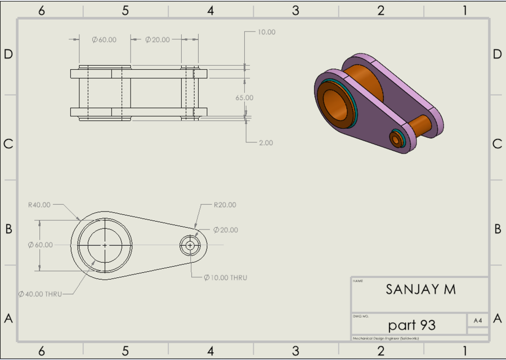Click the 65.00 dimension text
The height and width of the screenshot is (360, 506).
244,97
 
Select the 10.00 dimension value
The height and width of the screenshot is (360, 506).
266,32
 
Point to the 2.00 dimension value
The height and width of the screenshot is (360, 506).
266,143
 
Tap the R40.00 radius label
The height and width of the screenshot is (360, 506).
39,205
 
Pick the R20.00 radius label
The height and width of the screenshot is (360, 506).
225,205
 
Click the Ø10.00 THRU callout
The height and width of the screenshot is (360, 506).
225,277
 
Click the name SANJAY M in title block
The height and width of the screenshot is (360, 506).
420,290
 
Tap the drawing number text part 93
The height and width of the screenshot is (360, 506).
411,325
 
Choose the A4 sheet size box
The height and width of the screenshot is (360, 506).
478,320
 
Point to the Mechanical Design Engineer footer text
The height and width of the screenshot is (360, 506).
386,339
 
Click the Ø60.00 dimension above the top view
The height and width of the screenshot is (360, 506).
104,39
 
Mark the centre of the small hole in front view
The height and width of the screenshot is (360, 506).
190,245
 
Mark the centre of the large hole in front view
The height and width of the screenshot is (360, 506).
105,245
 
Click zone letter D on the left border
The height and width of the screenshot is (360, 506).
8,54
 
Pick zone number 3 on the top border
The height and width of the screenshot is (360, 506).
295,10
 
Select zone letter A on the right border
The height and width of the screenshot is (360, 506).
497,318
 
